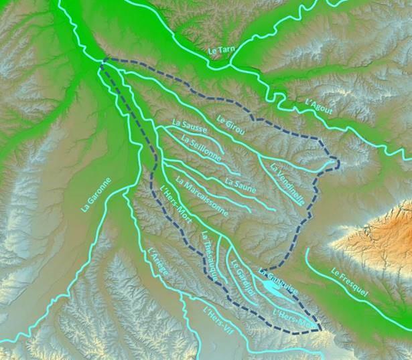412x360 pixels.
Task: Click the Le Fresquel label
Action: tap(349, 282)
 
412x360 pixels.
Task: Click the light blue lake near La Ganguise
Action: tap(271, 288)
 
